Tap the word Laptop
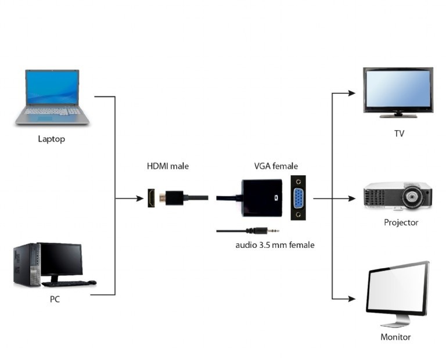pyautogui.click(x=51, y=139)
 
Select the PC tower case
pyautogui.click(x=27, y=264)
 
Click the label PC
pyautogui.click(x=55, y=300)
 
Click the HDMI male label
pyautogui.click(x=167, y=167)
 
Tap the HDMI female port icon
pyautogui.click(x=151, y=199)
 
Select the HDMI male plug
pyautogui.click(x=174, y=197)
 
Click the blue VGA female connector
pyautogui.click(x=298, y=199)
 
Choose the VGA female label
pyautogui.click(x=276, y=167)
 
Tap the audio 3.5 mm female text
pyautogui.click(x=275, y=245)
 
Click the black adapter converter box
pyautogui.click(x=262, y=197)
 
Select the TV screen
pyautogui.click(x=398, y=89)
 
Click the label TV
pyautogui.click(x=399, y=134)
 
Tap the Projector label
pyautogui.click(x=401, y=222)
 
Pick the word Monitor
pyautogui.click(x=395, y=337)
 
